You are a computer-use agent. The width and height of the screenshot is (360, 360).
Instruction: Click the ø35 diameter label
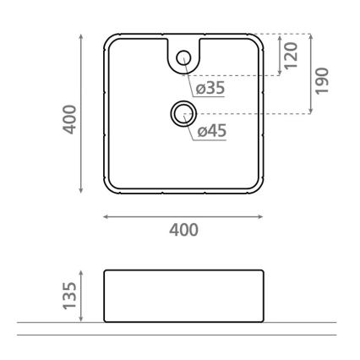pyautogui.click(x=210, y=88)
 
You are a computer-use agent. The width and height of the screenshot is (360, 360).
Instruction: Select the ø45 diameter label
pyautogui.click(x=212, y=131)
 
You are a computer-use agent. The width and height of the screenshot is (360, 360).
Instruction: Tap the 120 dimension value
pyautogui.click(x=292, y=56)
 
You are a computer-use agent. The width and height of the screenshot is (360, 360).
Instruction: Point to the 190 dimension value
pyautogui.click(x=322, y=81)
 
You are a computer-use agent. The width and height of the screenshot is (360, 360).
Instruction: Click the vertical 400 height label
pyautogui.click(x=69, y=119)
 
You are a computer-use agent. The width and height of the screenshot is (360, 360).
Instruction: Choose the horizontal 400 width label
pyautogui.click(x=183, y=230)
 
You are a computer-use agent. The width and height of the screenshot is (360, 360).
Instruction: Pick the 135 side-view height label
pyautogui.click(x=69, y=296)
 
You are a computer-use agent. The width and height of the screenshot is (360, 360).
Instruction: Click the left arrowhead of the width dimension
pyautogui.click(x=106, y=216)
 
